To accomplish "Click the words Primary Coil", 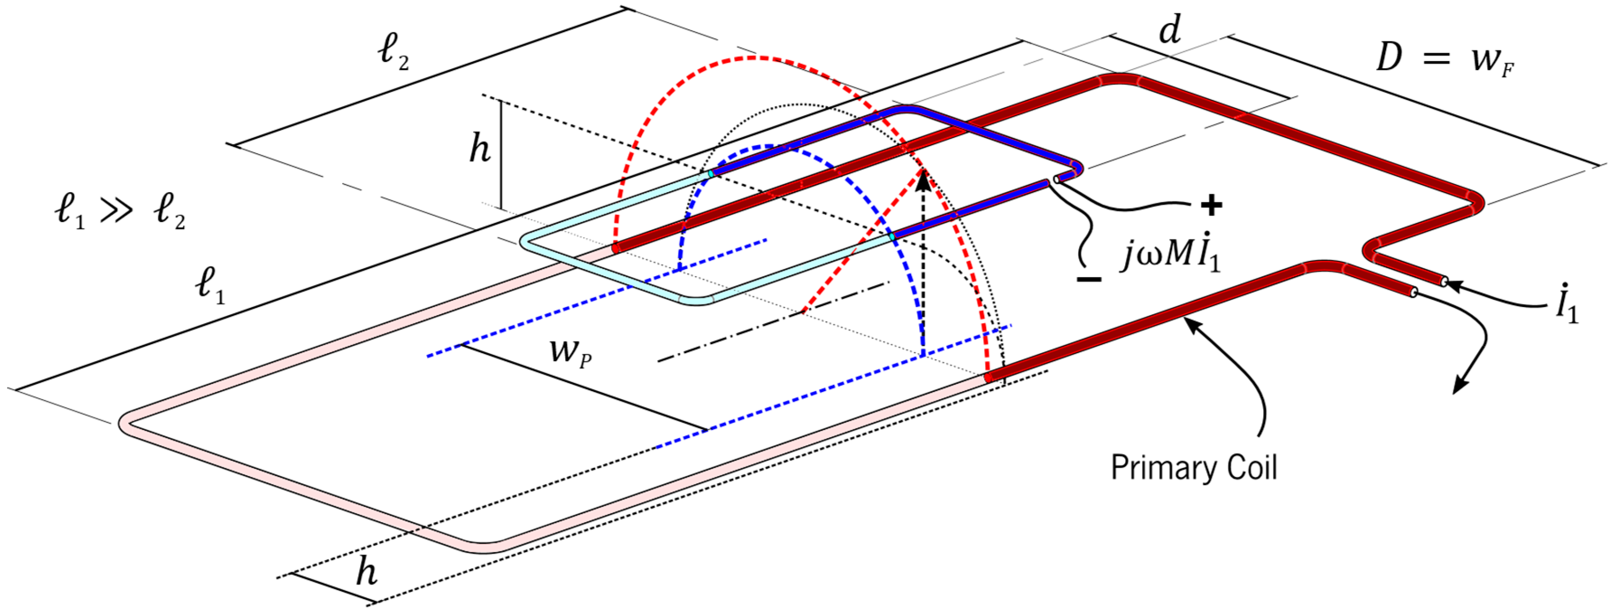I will (1194, 468).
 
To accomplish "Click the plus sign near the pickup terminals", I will (1211, 205).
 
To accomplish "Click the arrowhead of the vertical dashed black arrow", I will (922, 183).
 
